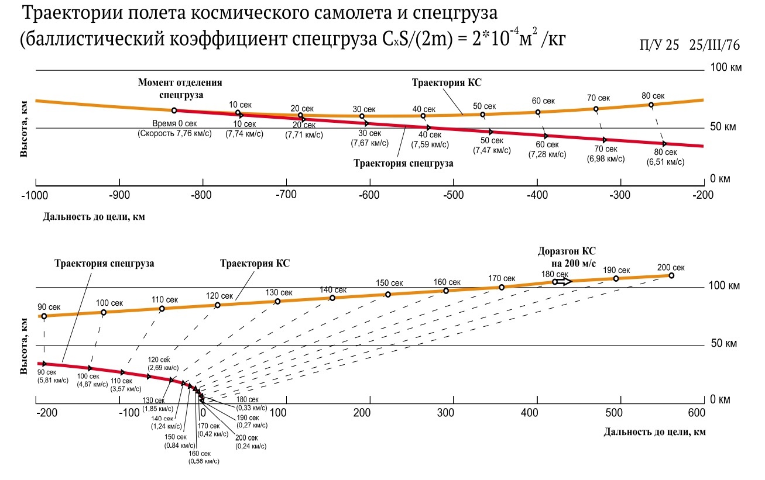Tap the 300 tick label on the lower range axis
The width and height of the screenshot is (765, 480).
[x=446, y=413]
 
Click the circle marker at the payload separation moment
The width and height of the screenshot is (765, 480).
[x=174, y=110]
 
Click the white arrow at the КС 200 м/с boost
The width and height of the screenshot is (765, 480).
[x=563, y=281]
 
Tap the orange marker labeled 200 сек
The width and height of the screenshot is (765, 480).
[x=671, y=275]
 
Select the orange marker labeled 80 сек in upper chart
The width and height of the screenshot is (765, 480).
[x=651, y=105]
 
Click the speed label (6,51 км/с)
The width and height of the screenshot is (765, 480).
[x=665, y=163]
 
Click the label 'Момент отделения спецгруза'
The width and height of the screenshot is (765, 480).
[x=180, y=88]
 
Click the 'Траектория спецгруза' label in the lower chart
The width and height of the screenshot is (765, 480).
[x=104, y=264]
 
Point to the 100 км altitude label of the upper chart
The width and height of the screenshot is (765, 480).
[x=725, y=68]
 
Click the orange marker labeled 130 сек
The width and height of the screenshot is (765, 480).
[x=277, y=301]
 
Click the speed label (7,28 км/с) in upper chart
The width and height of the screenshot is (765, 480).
[x=547, y=154]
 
